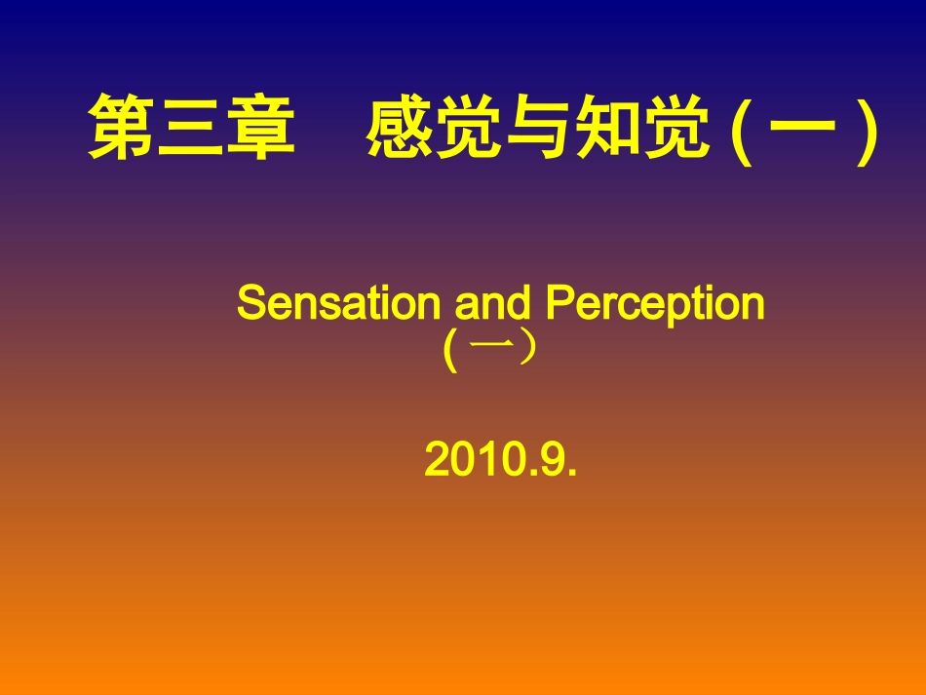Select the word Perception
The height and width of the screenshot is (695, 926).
tap(655, 306)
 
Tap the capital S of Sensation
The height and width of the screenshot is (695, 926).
tap(250, 304)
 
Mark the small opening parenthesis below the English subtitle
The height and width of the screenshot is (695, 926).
tap(449, 353)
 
